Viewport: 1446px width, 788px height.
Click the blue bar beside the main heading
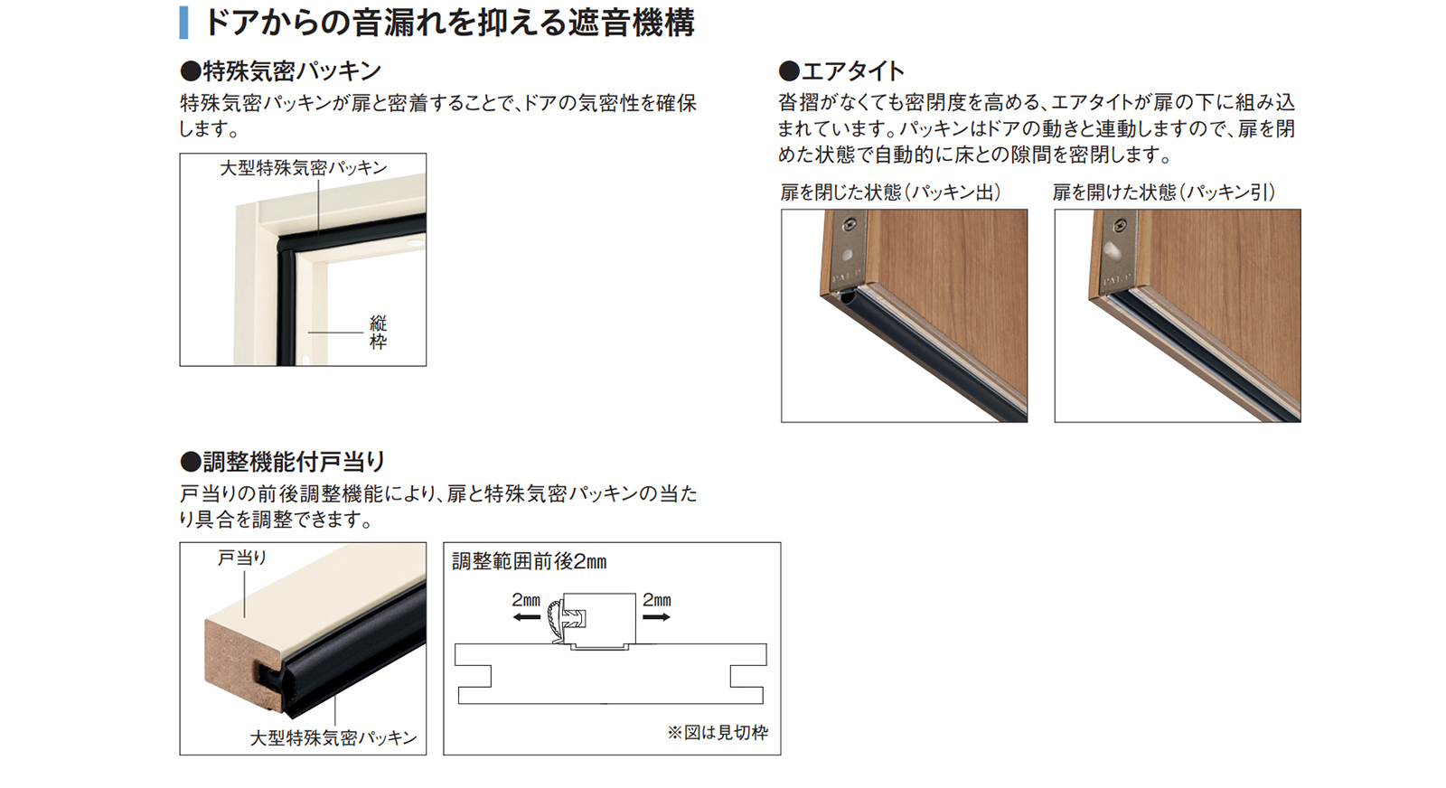click(184, 23)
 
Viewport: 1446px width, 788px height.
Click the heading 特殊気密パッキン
click(281, 71)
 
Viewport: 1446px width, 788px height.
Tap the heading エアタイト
click(841, 71)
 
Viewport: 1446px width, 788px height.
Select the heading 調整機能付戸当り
click(283, 462)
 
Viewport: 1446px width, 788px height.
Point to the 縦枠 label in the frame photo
click(378, 333)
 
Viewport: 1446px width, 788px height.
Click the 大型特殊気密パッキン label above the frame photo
click(304, 168)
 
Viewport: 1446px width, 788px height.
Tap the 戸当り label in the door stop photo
click(242, 558)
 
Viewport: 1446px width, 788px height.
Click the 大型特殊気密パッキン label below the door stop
click(333, 737)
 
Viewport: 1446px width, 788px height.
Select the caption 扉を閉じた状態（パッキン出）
click(891, 192)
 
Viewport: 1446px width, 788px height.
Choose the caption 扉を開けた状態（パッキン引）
click(1164, 192)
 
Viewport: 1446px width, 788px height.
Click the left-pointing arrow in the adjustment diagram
click(527, 617)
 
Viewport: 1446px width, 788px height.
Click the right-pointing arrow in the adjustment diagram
click(656, 617)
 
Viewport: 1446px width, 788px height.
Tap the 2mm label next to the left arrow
click(526, 600)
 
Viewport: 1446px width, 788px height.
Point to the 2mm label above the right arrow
click(656, 600)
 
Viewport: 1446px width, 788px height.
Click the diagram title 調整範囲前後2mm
click(530, 561)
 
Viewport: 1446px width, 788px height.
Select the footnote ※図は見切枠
click(718, 733)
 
